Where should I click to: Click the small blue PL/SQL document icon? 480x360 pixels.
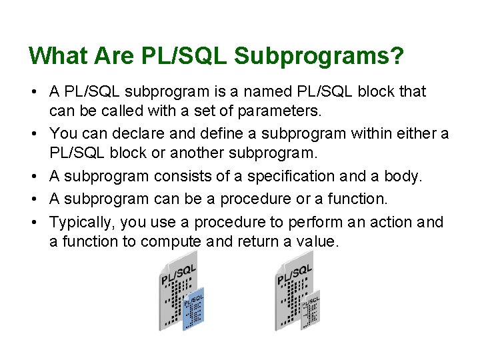[193, 311]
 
